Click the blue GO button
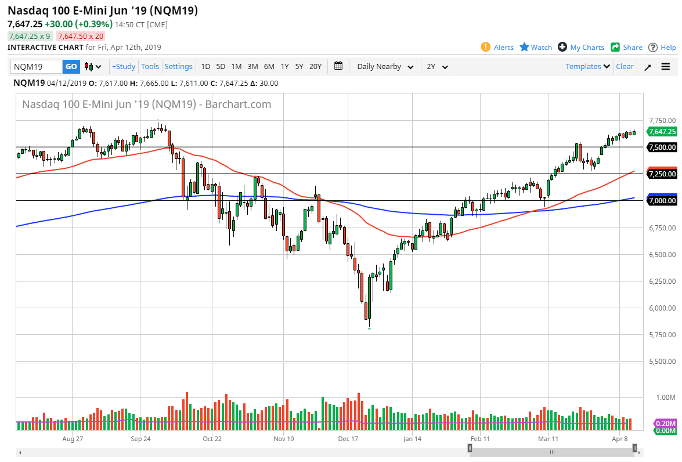[x=71, y=67]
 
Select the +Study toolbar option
[x=124, y=67]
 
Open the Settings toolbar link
[x=178, y=67]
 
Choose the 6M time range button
[x=269, y=67]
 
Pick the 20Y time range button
[x=315, y=67]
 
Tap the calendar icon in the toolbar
[x=339, y=66]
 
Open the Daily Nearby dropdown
[x=385, y=67]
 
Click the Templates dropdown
[x=587, y=67]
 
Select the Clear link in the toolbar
[x=625, y=67]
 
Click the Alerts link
[x=497, y=48]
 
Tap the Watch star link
[x=536, y=48]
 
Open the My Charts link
[x=581, y=48]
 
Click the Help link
[x=662, y=48]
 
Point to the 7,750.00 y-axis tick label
[x=662, y=121]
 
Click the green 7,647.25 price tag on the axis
[x=662, y=132]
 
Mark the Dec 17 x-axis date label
[x=348, y=439]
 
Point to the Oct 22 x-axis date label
[x=212, y=439]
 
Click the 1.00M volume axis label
[x=665, y=398]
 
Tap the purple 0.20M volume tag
[x=665, y=424]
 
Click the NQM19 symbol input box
[x=37, y=67]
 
